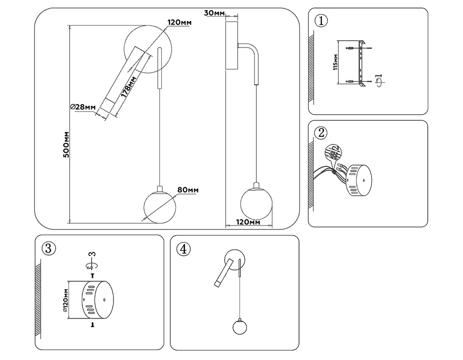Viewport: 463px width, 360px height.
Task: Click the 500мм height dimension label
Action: point(66,144)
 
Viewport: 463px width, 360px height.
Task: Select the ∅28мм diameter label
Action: point(83,107)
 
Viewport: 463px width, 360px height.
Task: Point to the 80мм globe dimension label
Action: point(188,190)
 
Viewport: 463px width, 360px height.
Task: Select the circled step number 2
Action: point(321,133)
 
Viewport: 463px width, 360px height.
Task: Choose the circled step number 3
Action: point(48,248)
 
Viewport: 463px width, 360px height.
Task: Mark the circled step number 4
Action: point(183,248)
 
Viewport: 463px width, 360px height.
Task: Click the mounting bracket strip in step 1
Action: point(362,63)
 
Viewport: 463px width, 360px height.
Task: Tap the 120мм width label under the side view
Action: point(248,223)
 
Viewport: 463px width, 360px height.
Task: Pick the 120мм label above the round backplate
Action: point(179,23)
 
